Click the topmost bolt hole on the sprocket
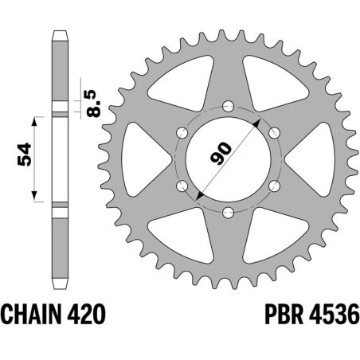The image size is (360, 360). pyautogui.click(x=229, y=105)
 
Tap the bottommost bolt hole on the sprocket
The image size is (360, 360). pyautogui.click(x=229, y=212)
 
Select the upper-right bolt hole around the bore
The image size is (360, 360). pyautogui.click(x=275, y=132)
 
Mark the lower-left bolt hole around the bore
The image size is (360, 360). pyautogui.click(x=182, y=186)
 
